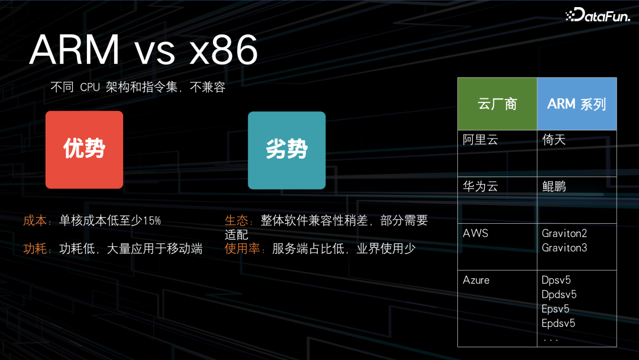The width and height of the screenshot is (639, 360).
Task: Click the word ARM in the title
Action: click(74, 51)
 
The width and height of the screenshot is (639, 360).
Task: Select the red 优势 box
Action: click(85, 150)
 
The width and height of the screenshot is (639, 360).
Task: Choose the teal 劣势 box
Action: click(286, 150)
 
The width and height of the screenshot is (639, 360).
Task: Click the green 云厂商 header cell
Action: click(497, 104)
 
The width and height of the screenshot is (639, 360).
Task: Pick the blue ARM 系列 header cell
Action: click(576, 104)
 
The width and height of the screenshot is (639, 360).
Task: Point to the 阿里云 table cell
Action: click(480, 140)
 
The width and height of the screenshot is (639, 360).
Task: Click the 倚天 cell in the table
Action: click(554, 140)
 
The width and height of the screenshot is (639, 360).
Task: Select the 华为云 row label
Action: click(480, 187)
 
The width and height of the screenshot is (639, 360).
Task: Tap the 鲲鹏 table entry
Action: click(554, 187)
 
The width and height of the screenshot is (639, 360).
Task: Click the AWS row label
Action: click(476, 233)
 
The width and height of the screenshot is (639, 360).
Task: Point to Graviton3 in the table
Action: click(564, 247)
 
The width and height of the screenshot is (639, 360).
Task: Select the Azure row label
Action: click(476, 280)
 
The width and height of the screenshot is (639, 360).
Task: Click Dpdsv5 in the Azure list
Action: click(559, 294)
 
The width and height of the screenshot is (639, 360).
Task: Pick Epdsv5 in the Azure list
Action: click(559, 323)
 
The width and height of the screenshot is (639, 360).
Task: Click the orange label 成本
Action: click(35, 221)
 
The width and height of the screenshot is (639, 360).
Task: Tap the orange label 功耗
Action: click(35, 249)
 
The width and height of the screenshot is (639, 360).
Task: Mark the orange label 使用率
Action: click(243, 249)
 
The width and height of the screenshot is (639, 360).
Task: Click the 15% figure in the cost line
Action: click(151, 221)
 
